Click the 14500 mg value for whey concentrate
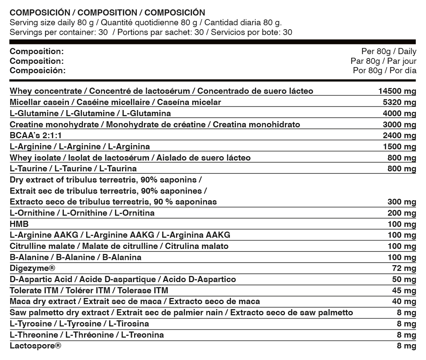pyautogui.click(x=397, y=91)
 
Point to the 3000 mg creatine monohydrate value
pyautogui.click(x=399, y=125)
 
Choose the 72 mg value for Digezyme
pyautogui.click(x=404, y=269)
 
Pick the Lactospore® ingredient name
pyautogui.click(x=35, y=346)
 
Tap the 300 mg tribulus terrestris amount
pyautogui.click(x=401, y=202)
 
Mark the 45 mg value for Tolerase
pyautogui.click(x=404, y=291)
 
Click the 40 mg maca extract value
pyautogui.click(x=404, y=302)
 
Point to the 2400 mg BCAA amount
pyautogui.click(x=399, y=136)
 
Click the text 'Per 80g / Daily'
pyautogui.click(x=388, y=52)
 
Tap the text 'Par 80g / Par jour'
pyautogui.click(x=383, y=61)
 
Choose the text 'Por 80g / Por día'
pyautogui.click(x=385, y=70)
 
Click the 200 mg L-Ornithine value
pyautogui.click(x=401, y=213)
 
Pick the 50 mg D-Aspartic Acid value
pyautogui.click(x=404, y=280)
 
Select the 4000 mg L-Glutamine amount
pyautogui.click(x=399, y=114)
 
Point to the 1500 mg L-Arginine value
pyautogui.click(x=399, y=147)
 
